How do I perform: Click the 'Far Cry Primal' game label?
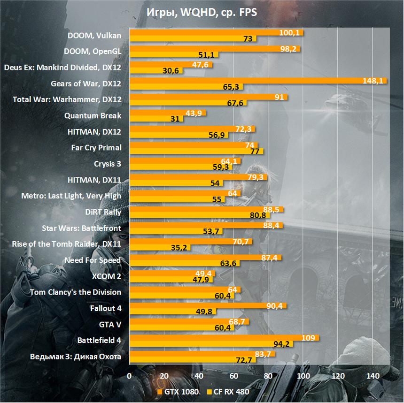pos(96,148)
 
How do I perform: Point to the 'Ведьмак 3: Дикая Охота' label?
pos(76,357)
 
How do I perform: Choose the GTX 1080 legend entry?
pos(177,392)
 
